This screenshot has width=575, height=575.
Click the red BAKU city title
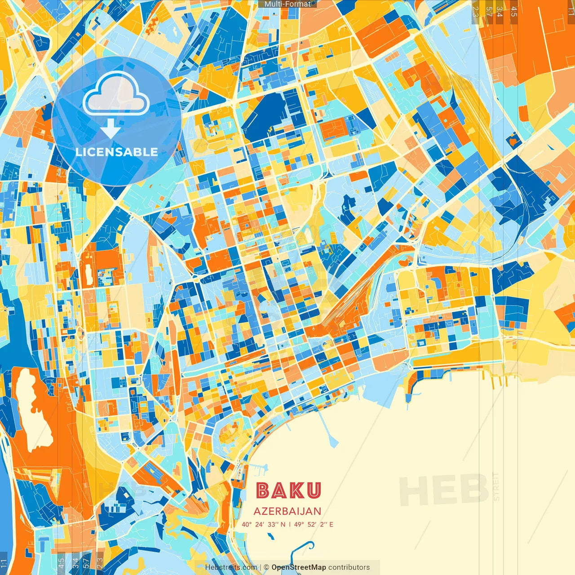point(288,491)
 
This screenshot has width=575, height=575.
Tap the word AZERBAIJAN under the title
point(287,511)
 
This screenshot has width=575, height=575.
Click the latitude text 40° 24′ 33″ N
point(263,524)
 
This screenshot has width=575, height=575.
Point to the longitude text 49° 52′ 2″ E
point(314,524)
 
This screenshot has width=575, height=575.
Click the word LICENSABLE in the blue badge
point(117,152)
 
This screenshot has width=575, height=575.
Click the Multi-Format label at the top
point(287,4)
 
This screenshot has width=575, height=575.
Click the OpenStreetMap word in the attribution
point(298,567)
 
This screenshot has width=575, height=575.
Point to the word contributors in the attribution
point(349,567)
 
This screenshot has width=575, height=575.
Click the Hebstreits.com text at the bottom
point(231,567)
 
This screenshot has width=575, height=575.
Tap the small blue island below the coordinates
point(270,536)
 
